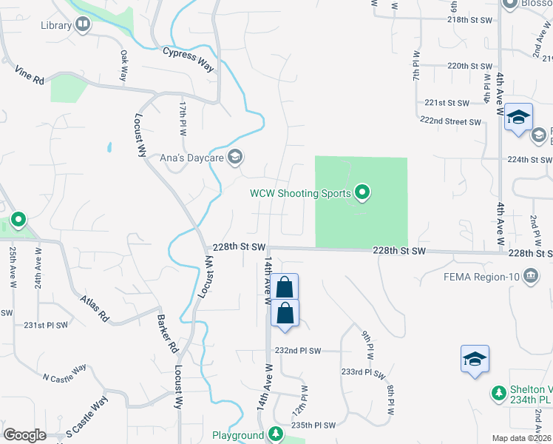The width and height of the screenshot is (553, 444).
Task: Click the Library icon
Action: [83, 26]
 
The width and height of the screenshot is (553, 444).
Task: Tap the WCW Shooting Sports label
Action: [299, 194]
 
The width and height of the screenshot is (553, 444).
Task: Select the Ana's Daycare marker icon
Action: [235, 157]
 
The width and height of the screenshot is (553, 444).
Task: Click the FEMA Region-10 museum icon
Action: [530, 277]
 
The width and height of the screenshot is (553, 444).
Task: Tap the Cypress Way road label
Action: [189, 60]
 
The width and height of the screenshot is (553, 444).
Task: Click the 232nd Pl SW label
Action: [298, 351]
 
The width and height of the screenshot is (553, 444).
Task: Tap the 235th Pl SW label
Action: [313, 425]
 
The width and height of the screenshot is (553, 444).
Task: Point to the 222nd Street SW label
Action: [450, 121]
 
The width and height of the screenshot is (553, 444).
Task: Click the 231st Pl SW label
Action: [46, 325]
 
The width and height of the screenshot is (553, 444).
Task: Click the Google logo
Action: [24, 434]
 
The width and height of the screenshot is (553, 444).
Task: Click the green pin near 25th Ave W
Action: [18, 220]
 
